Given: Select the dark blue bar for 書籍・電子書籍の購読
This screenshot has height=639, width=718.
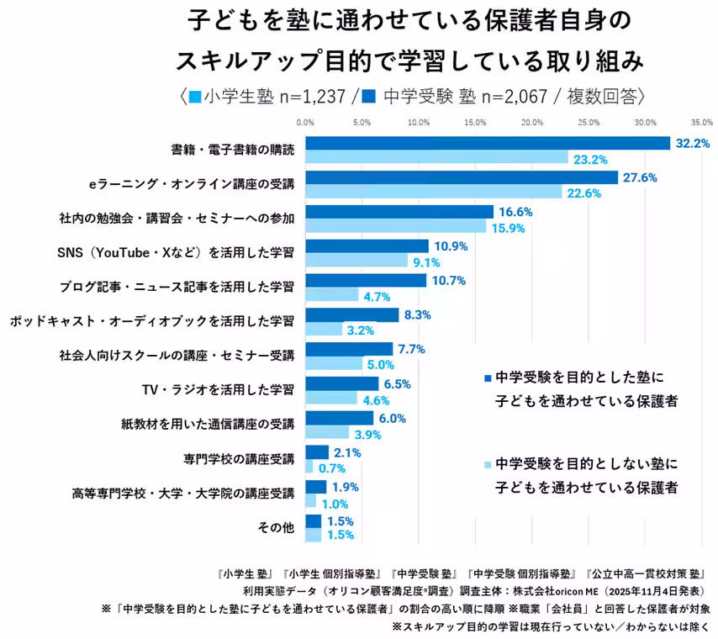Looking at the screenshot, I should point(488,144).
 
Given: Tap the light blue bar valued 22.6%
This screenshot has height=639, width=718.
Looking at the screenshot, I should point(433,192).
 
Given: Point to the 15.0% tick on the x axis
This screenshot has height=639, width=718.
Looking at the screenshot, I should point(475,123).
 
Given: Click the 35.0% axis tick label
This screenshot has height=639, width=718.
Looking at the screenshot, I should point(702,123).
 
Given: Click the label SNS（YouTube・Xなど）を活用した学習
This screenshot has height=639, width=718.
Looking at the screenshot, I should point(175,252).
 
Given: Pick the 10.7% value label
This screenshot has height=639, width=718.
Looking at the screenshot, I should point(449,281).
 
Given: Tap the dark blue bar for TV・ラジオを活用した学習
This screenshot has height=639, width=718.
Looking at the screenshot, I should point(341,383).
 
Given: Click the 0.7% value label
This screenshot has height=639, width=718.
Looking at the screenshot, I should point(332,467).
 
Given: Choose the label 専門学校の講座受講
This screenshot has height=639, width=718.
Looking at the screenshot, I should point(239,459).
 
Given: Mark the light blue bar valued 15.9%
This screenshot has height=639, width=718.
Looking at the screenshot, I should point(395,226).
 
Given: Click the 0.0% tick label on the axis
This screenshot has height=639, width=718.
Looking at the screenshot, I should point(305,123).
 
